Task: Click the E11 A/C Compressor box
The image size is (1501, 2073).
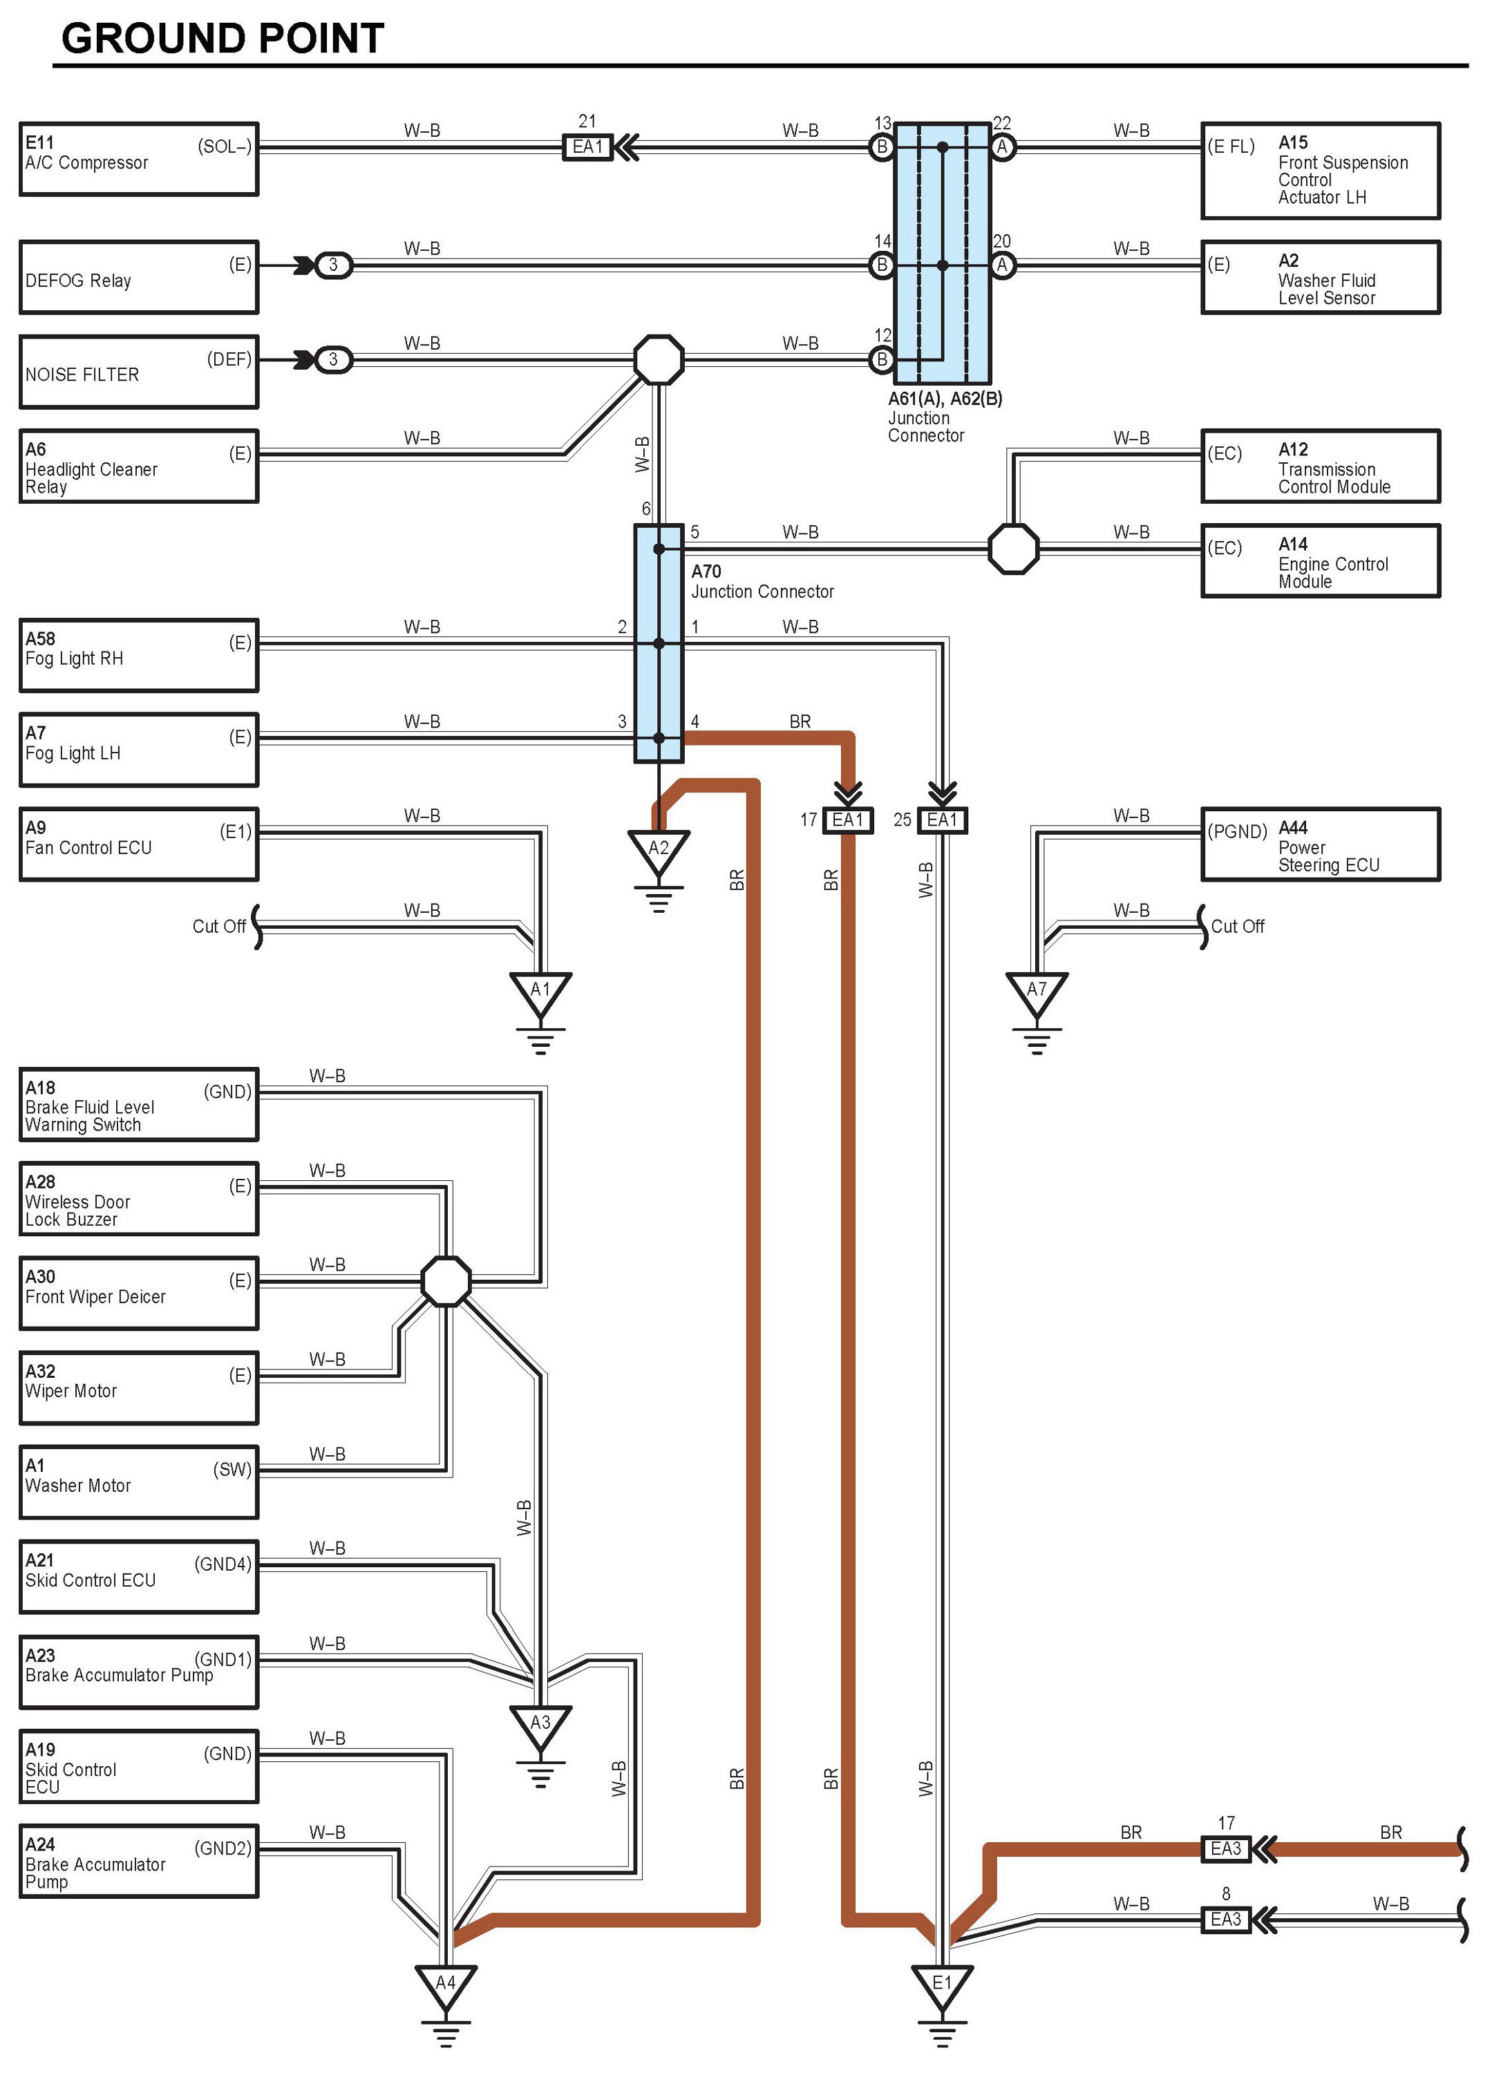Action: coord(139,159)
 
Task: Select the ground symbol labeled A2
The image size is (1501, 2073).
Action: coord(658,849)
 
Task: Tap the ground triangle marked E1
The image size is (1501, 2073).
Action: coord(941,1985)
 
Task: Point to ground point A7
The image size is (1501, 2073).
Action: coord(1037,991)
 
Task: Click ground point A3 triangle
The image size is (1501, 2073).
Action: coord(540,1725)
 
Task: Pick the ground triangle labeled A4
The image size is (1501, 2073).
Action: coord(445,1985)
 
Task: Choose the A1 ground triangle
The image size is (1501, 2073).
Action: coord(540,991)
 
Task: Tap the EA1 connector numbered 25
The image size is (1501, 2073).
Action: coord(941,820)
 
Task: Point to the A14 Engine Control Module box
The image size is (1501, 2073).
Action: coord(1320,561)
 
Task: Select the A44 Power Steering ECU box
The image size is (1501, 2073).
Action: coord(1320,844)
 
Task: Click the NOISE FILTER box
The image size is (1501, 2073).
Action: coord(139,372)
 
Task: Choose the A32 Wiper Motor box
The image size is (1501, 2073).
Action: coord(139,1388)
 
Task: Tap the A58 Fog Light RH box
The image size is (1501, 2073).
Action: coord(139,655)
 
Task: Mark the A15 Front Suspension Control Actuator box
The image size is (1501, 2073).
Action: coord(1320,171)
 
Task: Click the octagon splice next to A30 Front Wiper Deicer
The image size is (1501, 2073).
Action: coord(446,1281)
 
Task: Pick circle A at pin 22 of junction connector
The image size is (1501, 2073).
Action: coord(1002,146)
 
